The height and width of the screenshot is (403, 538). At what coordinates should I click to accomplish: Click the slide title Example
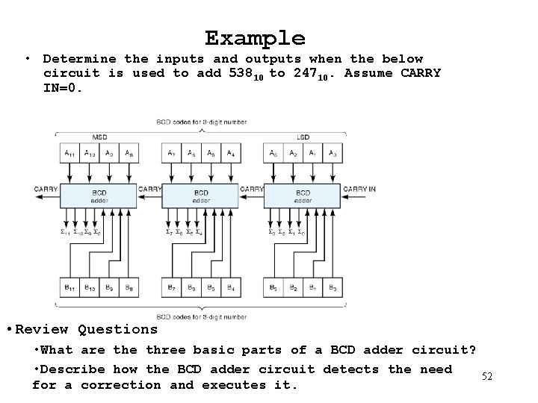coord(255,38)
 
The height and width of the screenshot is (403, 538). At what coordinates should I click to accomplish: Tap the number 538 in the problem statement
coord(241,73)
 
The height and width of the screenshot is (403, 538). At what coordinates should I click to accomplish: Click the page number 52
coord(486,377)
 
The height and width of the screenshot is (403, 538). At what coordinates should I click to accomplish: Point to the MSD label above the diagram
coord(99,137)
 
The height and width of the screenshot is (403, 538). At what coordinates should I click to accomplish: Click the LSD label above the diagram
coord(303,137)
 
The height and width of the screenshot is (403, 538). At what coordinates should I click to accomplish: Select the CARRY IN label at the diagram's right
coord(359,189)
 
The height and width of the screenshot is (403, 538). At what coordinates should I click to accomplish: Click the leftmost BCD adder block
coord(99,196)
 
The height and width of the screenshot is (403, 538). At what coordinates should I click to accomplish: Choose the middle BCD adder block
coord(201,196)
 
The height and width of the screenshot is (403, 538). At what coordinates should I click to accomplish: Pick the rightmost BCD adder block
coord(303,196)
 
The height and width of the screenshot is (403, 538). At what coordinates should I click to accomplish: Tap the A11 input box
coord(69,153)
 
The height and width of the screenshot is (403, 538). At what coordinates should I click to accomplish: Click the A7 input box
coord(172,153)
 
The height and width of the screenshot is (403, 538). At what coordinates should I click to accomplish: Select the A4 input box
coord(231,153)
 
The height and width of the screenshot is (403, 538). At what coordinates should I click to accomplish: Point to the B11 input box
coord(69,287)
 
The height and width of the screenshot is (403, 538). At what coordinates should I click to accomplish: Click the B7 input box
coord(172,287)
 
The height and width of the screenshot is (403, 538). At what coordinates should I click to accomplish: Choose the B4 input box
coord(231,287)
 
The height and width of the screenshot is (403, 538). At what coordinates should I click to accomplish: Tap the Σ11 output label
coord(66,233)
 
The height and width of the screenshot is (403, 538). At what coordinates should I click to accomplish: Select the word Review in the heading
coord(43,329)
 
